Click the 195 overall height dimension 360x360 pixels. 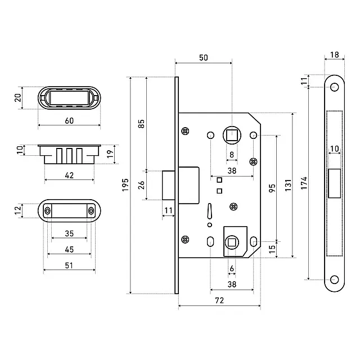click(x=125, y=185)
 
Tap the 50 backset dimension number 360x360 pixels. click(x=204, y=57)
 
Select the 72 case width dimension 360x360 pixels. click(x=219, y=300)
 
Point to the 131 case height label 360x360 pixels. click(x=288, y=185)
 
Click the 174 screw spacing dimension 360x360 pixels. click(x=304, y=183)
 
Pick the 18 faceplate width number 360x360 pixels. click(x=335, y=55)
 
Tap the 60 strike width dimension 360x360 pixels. click(x=69, y=121)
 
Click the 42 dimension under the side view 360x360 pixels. click(x=69, y=175)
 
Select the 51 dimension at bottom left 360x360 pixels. click(x=69, y=265)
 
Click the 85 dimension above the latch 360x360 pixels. click(x=141, y=124)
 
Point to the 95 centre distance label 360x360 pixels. click(x=272, y=188)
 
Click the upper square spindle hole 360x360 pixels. click(x=232, y=135)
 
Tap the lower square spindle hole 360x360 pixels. click(x=232, y=242)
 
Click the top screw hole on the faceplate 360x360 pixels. click(x=334, y=87)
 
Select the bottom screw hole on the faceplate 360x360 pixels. click(x=334, y=280)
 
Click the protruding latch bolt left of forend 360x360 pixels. click(x=169, y=185)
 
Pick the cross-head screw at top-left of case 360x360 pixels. click(x=185, y=131)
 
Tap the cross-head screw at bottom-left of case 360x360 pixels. click(x=185, y=240)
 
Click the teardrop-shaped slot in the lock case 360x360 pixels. click(x=209, y=211)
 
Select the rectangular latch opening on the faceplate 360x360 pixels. click(x=334, y=183)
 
